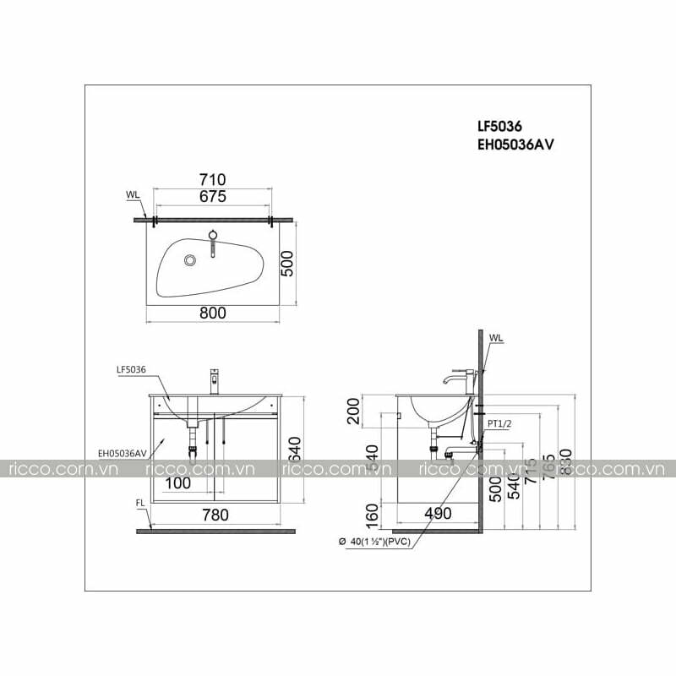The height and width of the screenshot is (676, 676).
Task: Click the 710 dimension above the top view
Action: [212, 179]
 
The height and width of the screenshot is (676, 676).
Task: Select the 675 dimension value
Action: [212, 197]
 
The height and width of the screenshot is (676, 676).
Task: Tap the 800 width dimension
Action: [213, 313]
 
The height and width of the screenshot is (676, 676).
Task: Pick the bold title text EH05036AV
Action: [515, 144]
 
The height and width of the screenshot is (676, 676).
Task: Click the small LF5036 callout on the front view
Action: [133, 369]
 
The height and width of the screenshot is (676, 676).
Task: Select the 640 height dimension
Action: [293, 446]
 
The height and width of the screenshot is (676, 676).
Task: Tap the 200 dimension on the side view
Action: [353, 414]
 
